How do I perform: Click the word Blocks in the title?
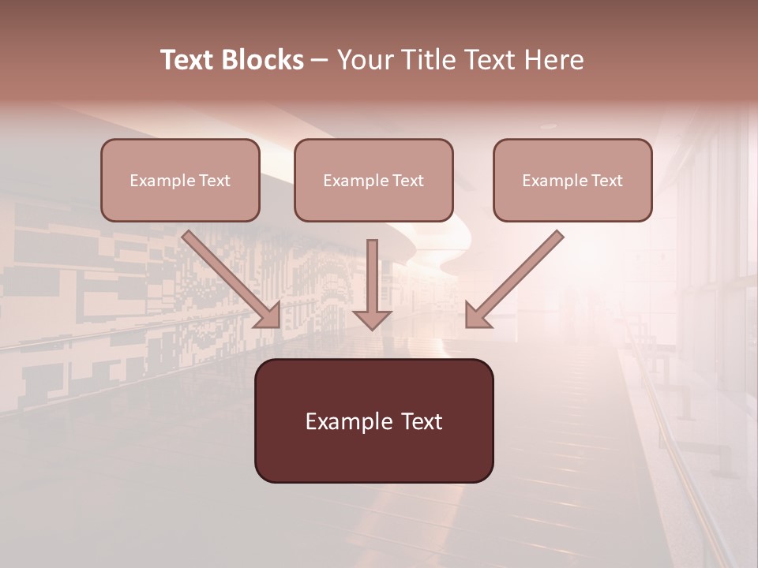[x=264, y=60]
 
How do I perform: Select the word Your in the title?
[x=363, y=60]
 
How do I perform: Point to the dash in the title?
[x=320, y=60]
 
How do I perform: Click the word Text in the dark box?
[x=421, y=422]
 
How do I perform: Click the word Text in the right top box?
[x=606, y=181]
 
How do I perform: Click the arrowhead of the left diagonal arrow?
[x=268, y=316]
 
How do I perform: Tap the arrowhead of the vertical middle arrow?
[x=372, y=319]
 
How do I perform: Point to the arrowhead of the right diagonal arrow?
[x=477, y=316]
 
